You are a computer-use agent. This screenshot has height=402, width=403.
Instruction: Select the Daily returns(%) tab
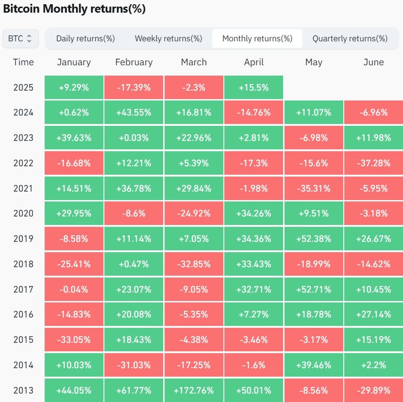click(86, 39)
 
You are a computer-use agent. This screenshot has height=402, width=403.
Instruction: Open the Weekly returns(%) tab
click(168, 39)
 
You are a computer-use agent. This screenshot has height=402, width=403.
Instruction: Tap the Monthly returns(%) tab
click(257, 39)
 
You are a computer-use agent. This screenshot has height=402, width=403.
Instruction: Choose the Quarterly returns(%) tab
click(350, 39)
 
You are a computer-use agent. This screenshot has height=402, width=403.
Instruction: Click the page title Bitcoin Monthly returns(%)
click(74, 9)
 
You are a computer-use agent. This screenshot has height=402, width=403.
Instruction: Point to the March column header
click(194, 62)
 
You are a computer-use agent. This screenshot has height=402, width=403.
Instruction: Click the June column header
click(373, 62)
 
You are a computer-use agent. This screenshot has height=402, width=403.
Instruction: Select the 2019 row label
click(24, 239)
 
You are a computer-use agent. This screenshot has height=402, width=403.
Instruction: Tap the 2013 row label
click(24, 390)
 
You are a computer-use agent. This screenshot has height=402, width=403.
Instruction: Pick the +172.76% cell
click(194, 390)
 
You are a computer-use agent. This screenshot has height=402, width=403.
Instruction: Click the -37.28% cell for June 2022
click(373, 163)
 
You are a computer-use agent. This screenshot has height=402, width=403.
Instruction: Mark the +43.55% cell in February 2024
click(134, 113)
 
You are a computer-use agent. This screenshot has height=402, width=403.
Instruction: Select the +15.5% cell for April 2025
click(254, 87)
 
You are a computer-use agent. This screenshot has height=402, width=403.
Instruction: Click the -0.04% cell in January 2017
click(74, 289)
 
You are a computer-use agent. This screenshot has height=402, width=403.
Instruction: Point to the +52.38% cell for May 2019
click(314, 239)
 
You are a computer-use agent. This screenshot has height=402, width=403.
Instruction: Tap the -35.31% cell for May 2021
click(314, 188)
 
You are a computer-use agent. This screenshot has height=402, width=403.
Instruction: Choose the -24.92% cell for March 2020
click(194, 214)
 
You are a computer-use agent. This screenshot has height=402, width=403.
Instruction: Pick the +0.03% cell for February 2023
click(134, 138)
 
